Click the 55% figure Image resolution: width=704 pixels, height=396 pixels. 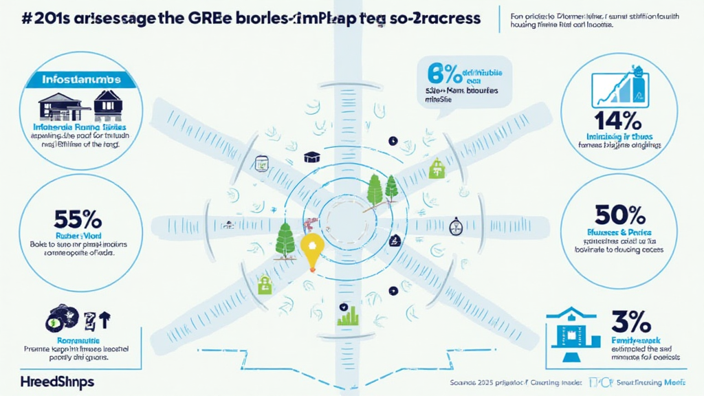pos(78,220)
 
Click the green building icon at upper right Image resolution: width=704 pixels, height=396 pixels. pos(435,168)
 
